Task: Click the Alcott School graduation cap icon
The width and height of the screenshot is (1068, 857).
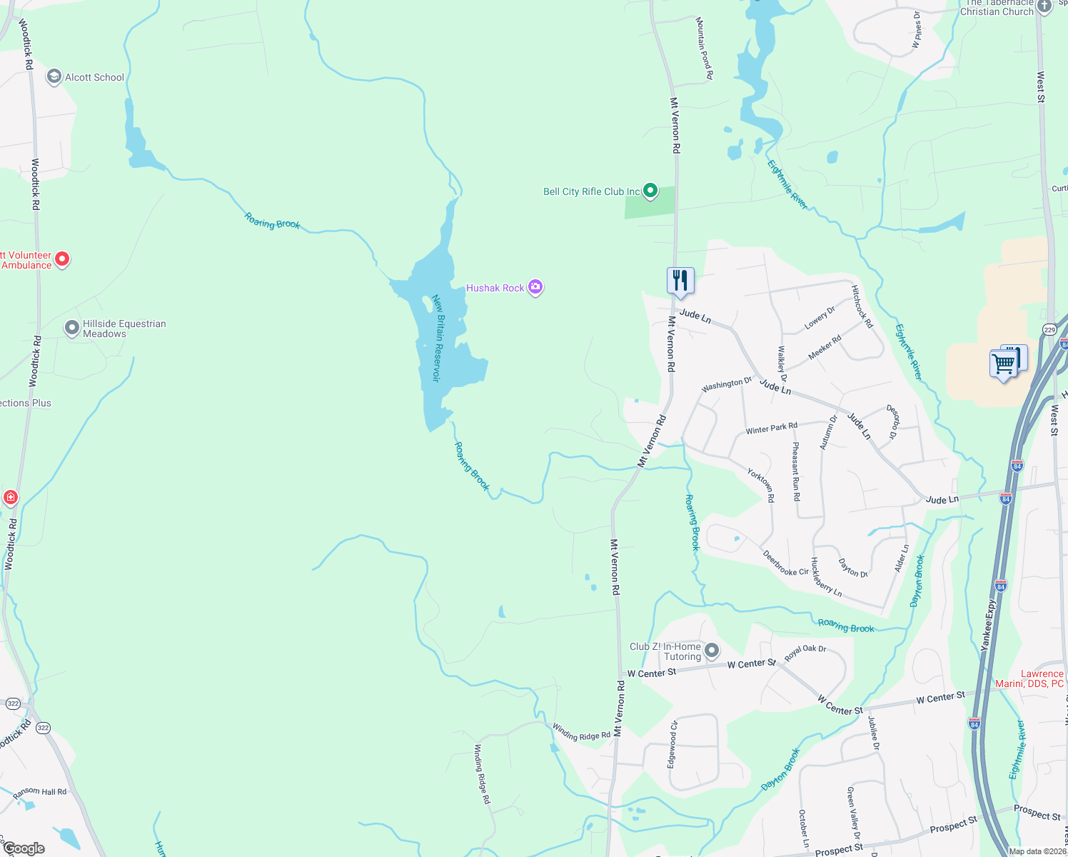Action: pos(54,76)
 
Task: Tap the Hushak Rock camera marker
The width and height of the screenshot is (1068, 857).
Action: pos(535,287)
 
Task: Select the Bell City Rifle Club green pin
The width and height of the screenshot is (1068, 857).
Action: pos(650,191)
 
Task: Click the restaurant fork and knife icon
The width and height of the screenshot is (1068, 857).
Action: pos(680,280)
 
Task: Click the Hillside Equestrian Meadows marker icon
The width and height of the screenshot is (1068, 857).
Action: pos(72,328)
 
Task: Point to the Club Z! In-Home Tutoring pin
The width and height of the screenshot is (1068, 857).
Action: pos(712,651)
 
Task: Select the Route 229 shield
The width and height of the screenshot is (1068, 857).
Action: pos(1049,329)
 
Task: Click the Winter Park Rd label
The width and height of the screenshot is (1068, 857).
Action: pos(771,428)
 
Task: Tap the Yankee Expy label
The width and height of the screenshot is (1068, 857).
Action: pos(989,625)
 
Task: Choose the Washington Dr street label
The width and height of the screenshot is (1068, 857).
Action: pos(726,385)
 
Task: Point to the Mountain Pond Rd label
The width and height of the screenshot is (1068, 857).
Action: pos(704,48)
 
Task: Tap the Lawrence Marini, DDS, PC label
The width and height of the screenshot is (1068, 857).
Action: pos(1029,678)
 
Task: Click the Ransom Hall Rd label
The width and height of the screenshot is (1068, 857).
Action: pos(40,792)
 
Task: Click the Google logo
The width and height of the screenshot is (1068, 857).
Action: pos(24,848)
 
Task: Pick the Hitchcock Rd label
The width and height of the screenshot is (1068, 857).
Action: pos(862,306)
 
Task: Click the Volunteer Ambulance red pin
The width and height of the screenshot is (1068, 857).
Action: pos(62,259)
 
